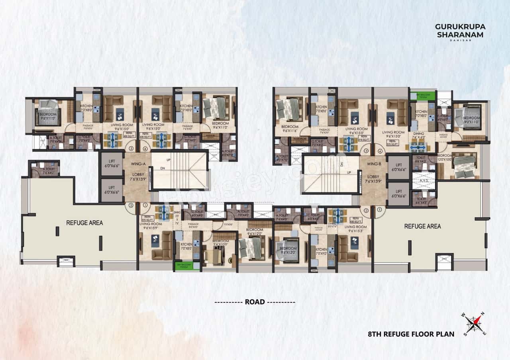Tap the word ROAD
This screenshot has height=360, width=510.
point(255,302)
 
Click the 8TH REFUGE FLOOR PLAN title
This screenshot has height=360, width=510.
point(411,334)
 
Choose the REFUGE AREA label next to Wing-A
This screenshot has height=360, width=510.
point(84,223)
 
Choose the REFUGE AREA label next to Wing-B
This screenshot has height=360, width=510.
point(422,226)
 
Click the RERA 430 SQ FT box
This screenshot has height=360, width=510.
point(356,220)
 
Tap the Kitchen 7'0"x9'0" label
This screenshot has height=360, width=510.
point(322,252)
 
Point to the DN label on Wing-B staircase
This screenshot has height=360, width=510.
point(341,164)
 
